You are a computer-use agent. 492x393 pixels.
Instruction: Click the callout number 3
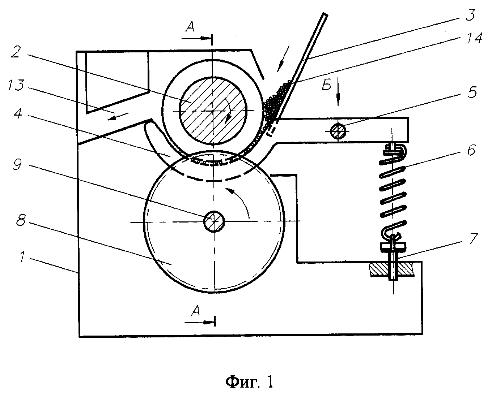(x=470, y=15)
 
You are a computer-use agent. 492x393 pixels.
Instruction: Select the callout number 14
(x=474, y=38)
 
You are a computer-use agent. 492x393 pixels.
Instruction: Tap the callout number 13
(x=16, y=85)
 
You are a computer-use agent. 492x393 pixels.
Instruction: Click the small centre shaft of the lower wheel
(x=214, y=221)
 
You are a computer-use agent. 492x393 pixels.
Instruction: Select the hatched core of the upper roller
(x=213, y=111)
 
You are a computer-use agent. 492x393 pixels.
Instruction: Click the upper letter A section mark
(x=190, y=27)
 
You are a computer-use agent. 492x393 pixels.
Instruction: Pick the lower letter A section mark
(x=196, y=311)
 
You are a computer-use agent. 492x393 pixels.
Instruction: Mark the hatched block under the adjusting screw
(x=392, y=269)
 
